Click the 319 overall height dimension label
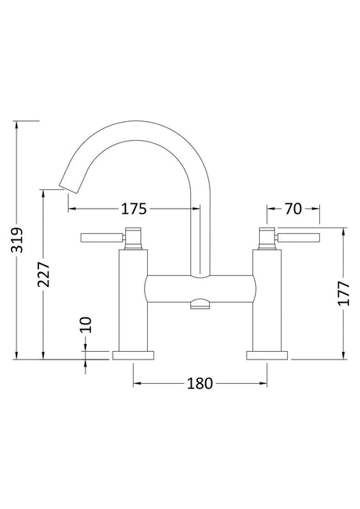[x=17, y=240]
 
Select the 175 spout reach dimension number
[x=134, y=209]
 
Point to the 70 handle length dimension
[x=293, y=209]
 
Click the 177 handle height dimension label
[x=344, y=293]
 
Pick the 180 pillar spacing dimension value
[x=200, y=383]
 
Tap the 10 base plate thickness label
[x=86, y=325]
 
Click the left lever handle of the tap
[x=102, y=237]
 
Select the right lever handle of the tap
[x=298, y=237]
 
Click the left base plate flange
[x=133, y=355]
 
